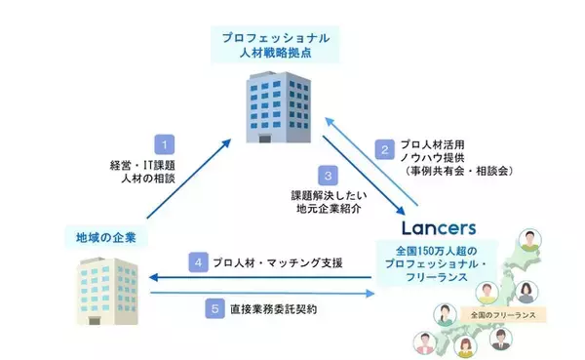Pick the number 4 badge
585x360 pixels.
pos(196,263)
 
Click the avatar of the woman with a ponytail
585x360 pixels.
pos(527,291)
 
